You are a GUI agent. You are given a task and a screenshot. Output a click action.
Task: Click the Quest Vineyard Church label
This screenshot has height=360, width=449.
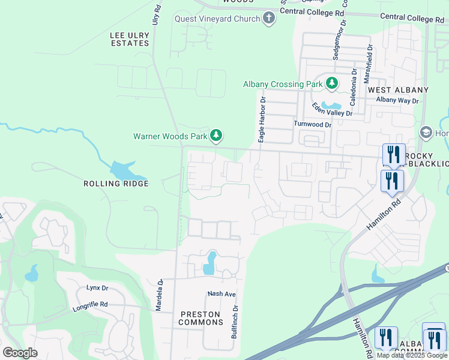click(x=217, y=19)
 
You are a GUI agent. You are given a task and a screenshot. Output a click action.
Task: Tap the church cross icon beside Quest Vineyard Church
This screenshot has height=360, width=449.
click(x=268, y=19)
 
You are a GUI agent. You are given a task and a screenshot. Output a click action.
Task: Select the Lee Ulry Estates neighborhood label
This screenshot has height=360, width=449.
click(x=130, y=39)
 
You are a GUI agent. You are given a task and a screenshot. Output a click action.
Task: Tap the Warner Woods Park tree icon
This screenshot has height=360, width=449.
click(x=216, y=136)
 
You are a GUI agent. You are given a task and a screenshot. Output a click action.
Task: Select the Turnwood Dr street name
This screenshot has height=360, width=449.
click(x=312, y=124)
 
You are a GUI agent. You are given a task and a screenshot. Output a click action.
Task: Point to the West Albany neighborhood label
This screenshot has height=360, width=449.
click(x=398, y=90)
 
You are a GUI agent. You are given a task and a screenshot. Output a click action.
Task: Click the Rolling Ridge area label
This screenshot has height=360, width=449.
click(x=116, y=183)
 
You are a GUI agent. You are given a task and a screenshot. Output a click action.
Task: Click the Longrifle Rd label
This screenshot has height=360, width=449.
click(x=90, y=304)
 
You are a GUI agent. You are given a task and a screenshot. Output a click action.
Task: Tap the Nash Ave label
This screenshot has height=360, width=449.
click(x=221, y=294)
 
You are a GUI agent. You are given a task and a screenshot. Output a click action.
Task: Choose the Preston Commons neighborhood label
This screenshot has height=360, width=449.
click(x=201, y=318)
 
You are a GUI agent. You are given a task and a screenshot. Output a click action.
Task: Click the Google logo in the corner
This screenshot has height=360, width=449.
click(x=20, y=352)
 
